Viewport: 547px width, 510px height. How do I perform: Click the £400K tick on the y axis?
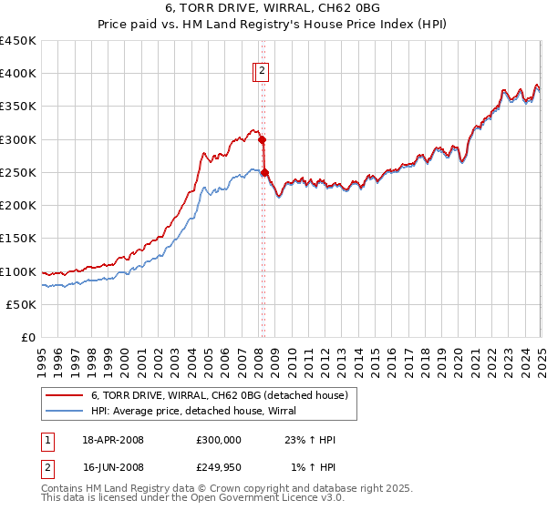click(18, 74)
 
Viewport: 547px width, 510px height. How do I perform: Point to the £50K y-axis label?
click(22, 305)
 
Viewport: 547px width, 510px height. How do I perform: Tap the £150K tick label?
click(18, 239)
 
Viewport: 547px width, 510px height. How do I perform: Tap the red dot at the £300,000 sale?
click(262, 140)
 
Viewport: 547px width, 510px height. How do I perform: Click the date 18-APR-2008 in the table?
click(113, 440)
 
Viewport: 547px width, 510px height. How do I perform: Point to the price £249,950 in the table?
click(219, 467)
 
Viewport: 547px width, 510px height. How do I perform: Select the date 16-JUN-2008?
click(113, 467)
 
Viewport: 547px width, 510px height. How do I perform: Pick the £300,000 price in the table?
click(219, 440)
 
